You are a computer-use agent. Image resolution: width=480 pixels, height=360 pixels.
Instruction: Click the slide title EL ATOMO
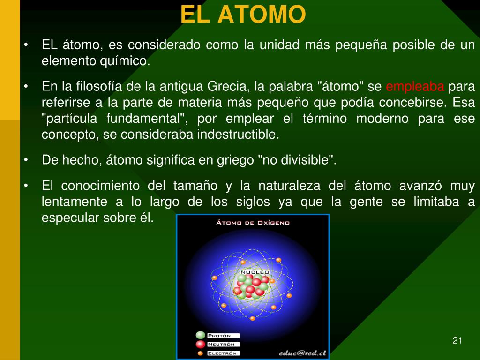pos(243,14)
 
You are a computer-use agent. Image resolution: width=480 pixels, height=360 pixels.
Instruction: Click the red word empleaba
pos(415,87)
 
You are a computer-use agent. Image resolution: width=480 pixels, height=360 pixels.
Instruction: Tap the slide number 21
pos(457,340)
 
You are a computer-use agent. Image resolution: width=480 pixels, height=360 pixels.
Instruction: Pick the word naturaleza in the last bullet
pos(289,186)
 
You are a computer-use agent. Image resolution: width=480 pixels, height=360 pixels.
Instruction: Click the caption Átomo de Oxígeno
pos(253,223)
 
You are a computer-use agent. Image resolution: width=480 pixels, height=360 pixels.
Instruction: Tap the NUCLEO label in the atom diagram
pos(255,272)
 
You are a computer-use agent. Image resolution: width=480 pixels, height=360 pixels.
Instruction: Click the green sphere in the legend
pos(201,335)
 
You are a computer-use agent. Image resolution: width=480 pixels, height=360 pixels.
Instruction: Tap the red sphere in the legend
pos(201,345)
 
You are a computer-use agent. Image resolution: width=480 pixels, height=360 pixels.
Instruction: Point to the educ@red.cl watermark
pos(302,353)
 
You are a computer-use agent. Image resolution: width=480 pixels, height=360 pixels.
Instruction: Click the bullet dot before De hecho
pos(26,160)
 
